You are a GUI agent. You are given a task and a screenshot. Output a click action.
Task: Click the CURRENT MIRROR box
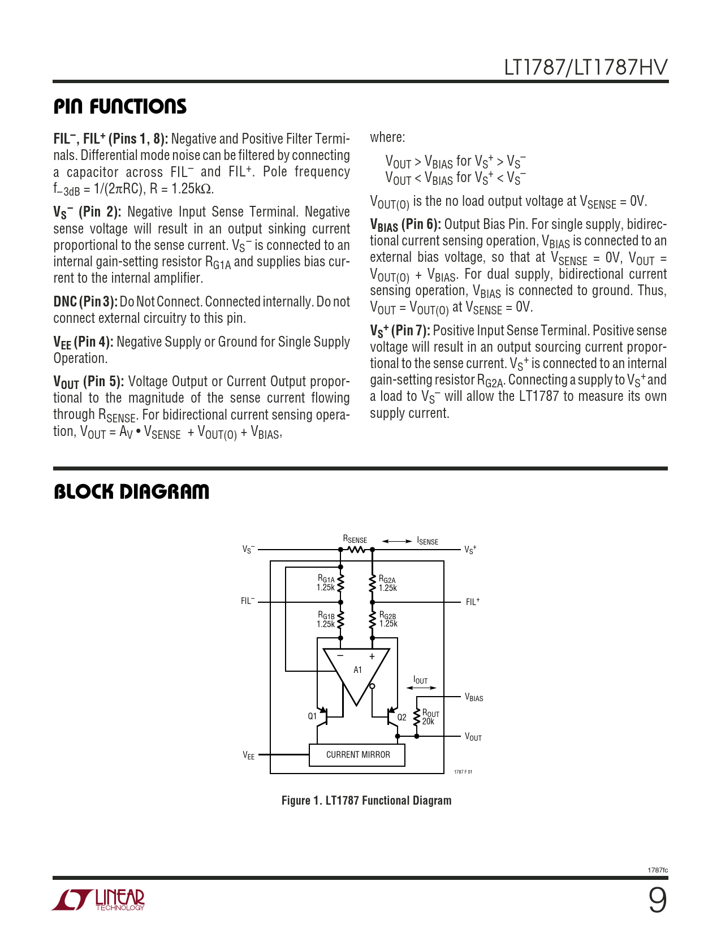tap(357, 755)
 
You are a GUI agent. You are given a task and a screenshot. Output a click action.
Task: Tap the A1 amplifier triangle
tap(357, 673)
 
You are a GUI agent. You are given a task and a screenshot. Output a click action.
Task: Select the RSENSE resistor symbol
tap(356, 549)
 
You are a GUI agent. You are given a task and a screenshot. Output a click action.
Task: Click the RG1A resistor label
tap(326, 583)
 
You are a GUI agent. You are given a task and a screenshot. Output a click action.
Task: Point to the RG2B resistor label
tap(388, 620)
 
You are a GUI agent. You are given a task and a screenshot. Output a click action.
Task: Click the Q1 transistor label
tap(312, 716)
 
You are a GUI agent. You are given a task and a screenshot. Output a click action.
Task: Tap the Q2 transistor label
tap(401, 718)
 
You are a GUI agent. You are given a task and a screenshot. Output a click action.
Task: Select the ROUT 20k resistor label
tap(430, 718)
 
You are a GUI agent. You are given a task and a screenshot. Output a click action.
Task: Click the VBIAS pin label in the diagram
tap(474, 698)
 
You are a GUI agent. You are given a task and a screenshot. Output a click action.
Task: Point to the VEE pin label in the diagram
tap(249, 755)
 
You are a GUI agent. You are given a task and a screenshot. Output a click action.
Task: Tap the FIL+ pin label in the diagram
tap(473, 602)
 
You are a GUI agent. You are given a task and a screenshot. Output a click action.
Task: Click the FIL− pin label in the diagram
tap(248, 601)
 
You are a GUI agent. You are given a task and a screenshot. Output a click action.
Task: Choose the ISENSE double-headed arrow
tap(397, 541)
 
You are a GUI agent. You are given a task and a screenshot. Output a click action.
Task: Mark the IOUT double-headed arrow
tap(421, 688)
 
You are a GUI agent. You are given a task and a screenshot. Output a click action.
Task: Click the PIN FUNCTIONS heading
tap(120, 106)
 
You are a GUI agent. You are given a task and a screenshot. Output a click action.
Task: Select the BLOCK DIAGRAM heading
tap(131, 492)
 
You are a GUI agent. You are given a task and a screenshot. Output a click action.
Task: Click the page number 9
tap(657, 900)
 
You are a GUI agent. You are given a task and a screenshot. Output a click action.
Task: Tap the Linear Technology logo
tap(98, 900)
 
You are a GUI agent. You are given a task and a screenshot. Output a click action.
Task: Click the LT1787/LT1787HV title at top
tap(585, 67)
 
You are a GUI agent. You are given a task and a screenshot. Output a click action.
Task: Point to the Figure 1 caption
tap(366, 801)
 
